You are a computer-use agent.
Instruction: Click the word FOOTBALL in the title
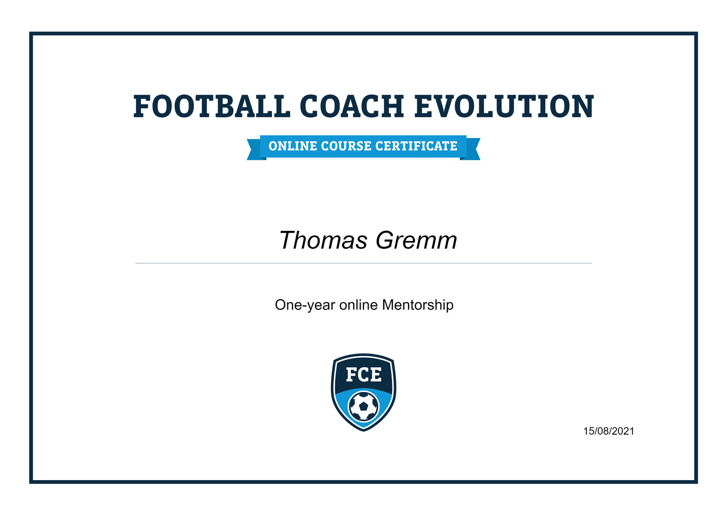click(211, 106)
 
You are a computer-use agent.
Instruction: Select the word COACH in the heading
click(352, 106)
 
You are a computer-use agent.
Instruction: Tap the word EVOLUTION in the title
click(504, 106)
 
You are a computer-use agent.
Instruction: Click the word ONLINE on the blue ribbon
click(293, 146)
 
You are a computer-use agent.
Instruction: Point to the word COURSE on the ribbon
click(347, 146)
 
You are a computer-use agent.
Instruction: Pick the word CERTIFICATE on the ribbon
click(416, 146)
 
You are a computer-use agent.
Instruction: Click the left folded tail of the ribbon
click(254, 150)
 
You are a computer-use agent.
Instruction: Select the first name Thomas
click(323, 241)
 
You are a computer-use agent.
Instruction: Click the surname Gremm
click(416, 241)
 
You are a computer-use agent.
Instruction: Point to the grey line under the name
click(363, 263)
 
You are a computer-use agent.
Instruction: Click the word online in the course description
click(358, 305)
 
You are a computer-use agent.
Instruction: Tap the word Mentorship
click(418, 305)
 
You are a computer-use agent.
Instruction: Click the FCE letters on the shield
click(363, 375)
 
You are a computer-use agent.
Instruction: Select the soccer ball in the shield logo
click(363, 407)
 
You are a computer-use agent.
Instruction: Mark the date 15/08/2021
click(608, 431)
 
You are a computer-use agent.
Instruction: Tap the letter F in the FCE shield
click(351, 375)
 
